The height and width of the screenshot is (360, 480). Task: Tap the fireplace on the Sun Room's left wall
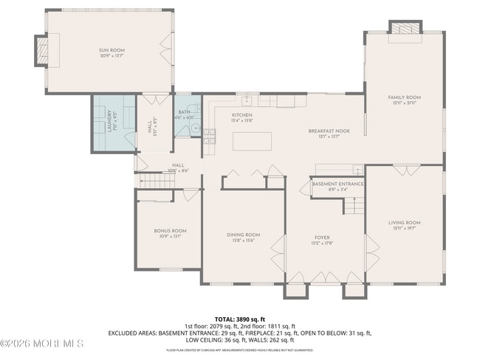tap(41, 51)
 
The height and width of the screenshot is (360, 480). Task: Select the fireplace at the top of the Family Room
tap(404, 29)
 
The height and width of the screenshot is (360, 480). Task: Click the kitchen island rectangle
tap(252, 140)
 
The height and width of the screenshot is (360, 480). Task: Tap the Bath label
tap(184, 112)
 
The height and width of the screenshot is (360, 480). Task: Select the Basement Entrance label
tap(337, 184)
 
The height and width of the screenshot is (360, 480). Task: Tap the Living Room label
tap(404, 222)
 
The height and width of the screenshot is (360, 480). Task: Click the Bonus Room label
tap(170, 230)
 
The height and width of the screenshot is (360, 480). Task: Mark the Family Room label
tap(404, 97)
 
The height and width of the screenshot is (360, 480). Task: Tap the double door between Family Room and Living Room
tap(404, 170)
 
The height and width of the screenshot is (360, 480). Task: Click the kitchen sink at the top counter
tap(249, 100)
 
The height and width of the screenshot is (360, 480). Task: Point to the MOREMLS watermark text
tap(43, 343)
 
